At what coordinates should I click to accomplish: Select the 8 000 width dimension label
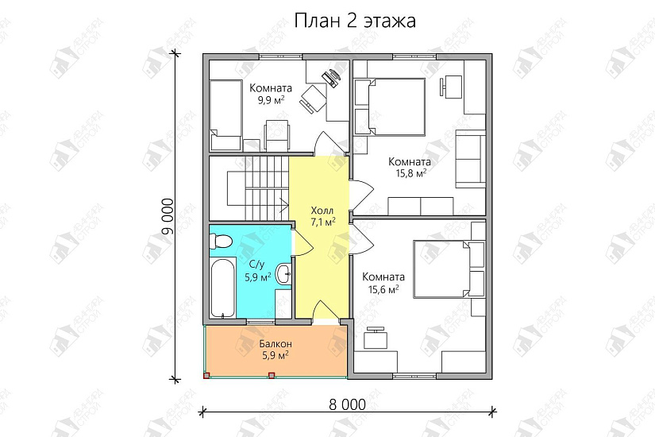click(346, 404)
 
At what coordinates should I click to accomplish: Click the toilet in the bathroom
click(222, 239)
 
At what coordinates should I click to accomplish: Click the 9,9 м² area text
click(270, 101)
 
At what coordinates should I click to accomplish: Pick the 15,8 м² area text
click(410, 172)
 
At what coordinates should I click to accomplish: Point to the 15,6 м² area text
click(383, 289)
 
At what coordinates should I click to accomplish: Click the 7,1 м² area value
click(322, 223)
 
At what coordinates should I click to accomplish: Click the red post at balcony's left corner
click(206, 375)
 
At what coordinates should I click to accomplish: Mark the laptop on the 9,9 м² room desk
click(331, 76)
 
